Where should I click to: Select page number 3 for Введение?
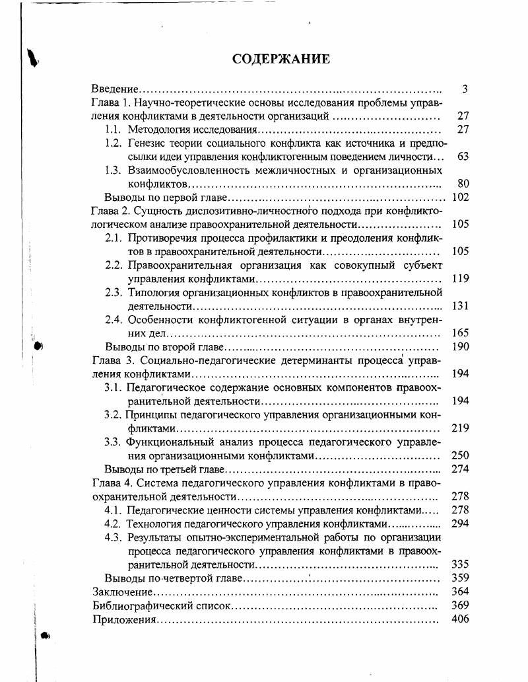465,89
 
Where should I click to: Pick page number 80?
462,183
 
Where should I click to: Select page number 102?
459,197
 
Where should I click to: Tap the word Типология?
152,293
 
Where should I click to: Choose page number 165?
459,333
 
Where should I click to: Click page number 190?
459,347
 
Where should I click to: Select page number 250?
459,455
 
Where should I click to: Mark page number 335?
459,564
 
